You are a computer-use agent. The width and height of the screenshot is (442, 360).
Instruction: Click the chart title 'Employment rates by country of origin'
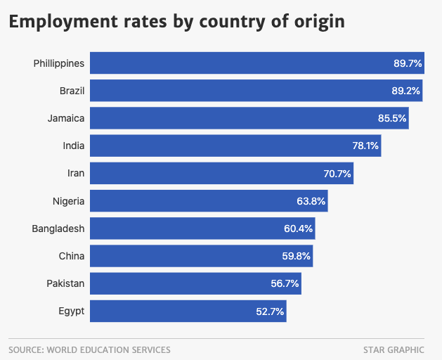pyautogui.click(x=176, y=21)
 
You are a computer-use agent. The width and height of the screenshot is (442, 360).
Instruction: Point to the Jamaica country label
pyautogui.click(x=66, y=118)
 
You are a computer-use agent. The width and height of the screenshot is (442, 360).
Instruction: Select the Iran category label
pyautogui.click(x=75, y=173)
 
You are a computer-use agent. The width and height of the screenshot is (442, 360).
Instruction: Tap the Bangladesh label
pyautogui.click(x=58, y=229)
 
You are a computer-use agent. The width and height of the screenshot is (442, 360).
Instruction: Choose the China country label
pyautogui.click(x=72, y=256)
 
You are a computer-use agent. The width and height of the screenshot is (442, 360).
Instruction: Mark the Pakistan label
pyautogui.click(x=65, y=283)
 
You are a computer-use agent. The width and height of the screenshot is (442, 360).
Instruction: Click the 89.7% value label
pyautogui.click(x=408, y=63)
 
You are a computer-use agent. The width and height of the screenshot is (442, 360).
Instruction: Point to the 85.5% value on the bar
pyautogui.click(x=392, y=118)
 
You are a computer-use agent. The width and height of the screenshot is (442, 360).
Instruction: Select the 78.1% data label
pyautogui.click(x=365, y=146)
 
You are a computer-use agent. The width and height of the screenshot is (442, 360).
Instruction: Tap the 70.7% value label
pyautogui.click(x=337, y=173)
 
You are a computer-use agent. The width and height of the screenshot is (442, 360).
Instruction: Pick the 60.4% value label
pyautogui.click(x=299, y=229)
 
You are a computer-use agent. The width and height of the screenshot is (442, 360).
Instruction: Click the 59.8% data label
pyautogui.click(x=297, y=256)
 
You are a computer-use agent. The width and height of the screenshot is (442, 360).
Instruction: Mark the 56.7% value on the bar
pyautogui.click(x=285, y=283)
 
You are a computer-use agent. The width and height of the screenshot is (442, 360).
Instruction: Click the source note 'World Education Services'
pyautogui.click(x=89, y=349)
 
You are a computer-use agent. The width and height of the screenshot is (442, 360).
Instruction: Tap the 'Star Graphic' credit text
pyautogui.click(x=394, y=349)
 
